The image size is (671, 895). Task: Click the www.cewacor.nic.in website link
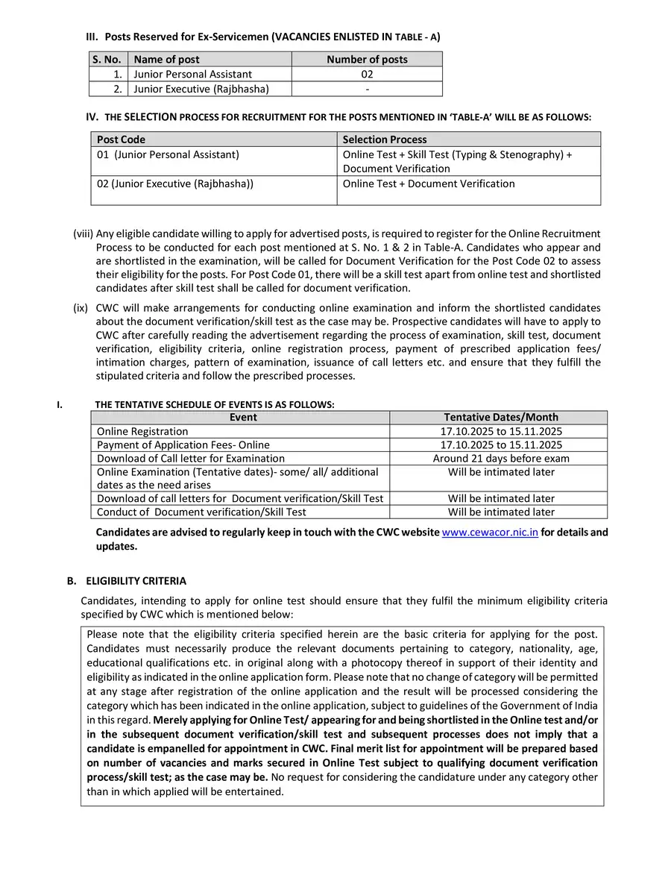coord(490,533)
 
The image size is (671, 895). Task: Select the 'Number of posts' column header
coord(367,60)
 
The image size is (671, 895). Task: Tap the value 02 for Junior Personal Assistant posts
coord(367,74)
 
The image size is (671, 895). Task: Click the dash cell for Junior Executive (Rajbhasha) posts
coord(367,89)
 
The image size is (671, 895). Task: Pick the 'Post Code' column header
coord(122,139)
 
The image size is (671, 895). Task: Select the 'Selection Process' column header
coord(385,139)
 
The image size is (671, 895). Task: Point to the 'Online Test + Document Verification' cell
coord(429,183)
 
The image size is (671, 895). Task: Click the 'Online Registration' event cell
coord(142,431)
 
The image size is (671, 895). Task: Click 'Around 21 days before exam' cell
coord(501,458)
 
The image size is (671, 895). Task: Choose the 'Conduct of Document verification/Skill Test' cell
coord(201,512)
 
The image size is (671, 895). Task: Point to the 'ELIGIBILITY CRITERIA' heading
coord(136,581)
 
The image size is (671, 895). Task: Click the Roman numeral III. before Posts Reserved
coord(93,37)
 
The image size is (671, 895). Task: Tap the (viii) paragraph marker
coord(83,233)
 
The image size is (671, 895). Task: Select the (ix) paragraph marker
coord(81,307)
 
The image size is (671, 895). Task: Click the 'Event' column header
coord(243,418)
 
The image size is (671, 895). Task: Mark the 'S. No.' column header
coord(107,60)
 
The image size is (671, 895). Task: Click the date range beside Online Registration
coord(501,431)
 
